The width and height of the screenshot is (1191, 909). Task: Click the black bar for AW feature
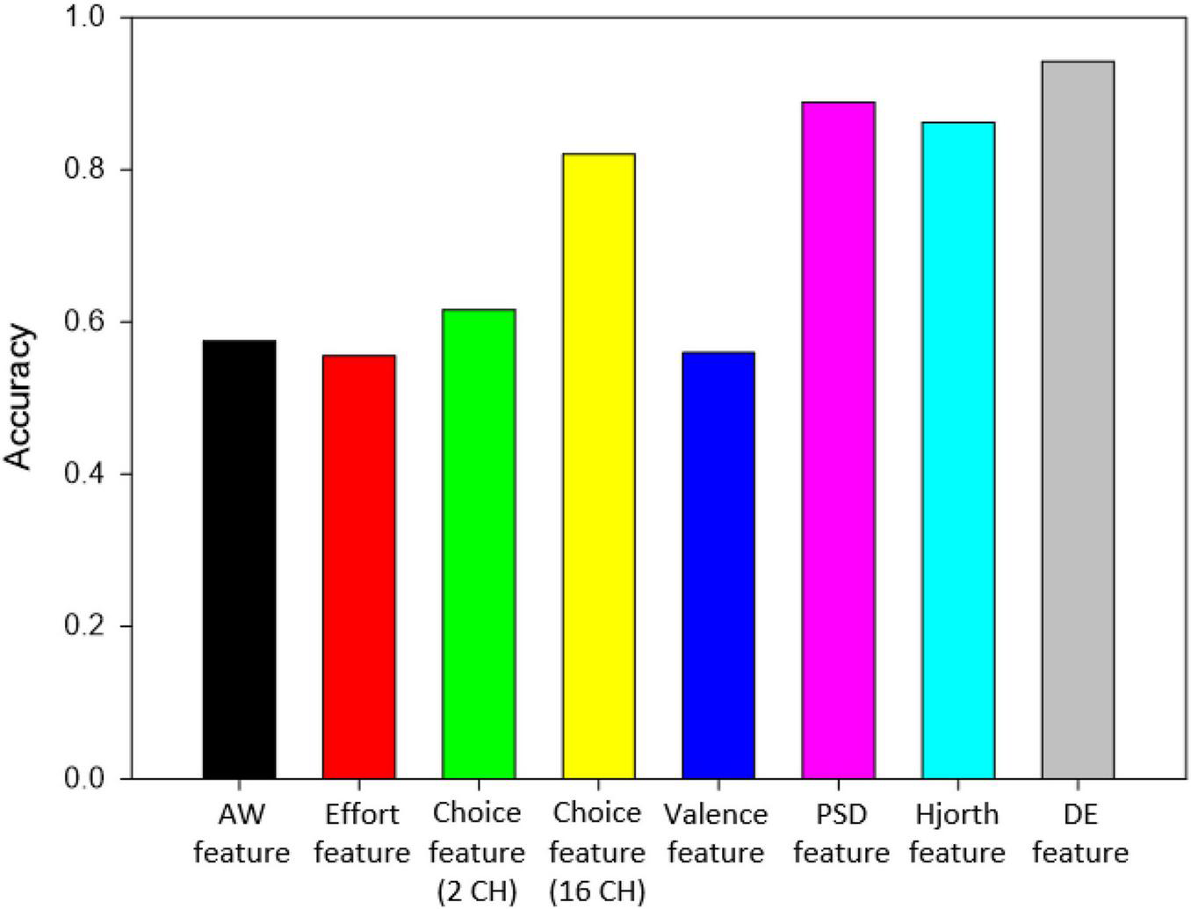239,559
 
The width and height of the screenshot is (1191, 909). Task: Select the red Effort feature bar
358,566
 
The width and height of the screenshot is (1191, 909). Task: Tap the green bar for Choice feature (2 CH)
479,544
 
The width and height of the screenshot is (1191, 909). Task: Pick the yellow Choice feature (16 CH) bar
598,465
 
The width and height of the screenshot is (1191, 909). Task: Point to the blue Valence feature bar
718,565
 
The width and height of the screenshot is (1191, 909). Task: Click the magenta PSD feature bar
838,440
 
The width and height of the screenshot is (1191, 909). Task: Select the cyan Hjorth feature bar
957,450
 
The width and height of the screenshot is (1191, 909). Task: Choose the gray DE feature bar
1078,420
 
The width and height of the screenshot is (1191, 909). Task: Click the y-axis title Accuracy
19,398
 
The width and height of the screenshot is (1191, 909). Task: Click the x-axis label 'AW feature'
241,833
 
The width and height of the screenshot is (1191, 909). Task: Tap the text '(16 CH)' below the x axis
597,892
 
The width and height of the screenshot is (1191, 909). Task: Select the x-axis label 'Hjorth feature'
956,833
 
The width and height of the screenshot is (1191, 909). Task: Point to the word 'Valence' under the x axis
716,815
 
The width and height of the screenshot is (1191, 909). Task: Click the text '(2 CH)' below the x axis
478,892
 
